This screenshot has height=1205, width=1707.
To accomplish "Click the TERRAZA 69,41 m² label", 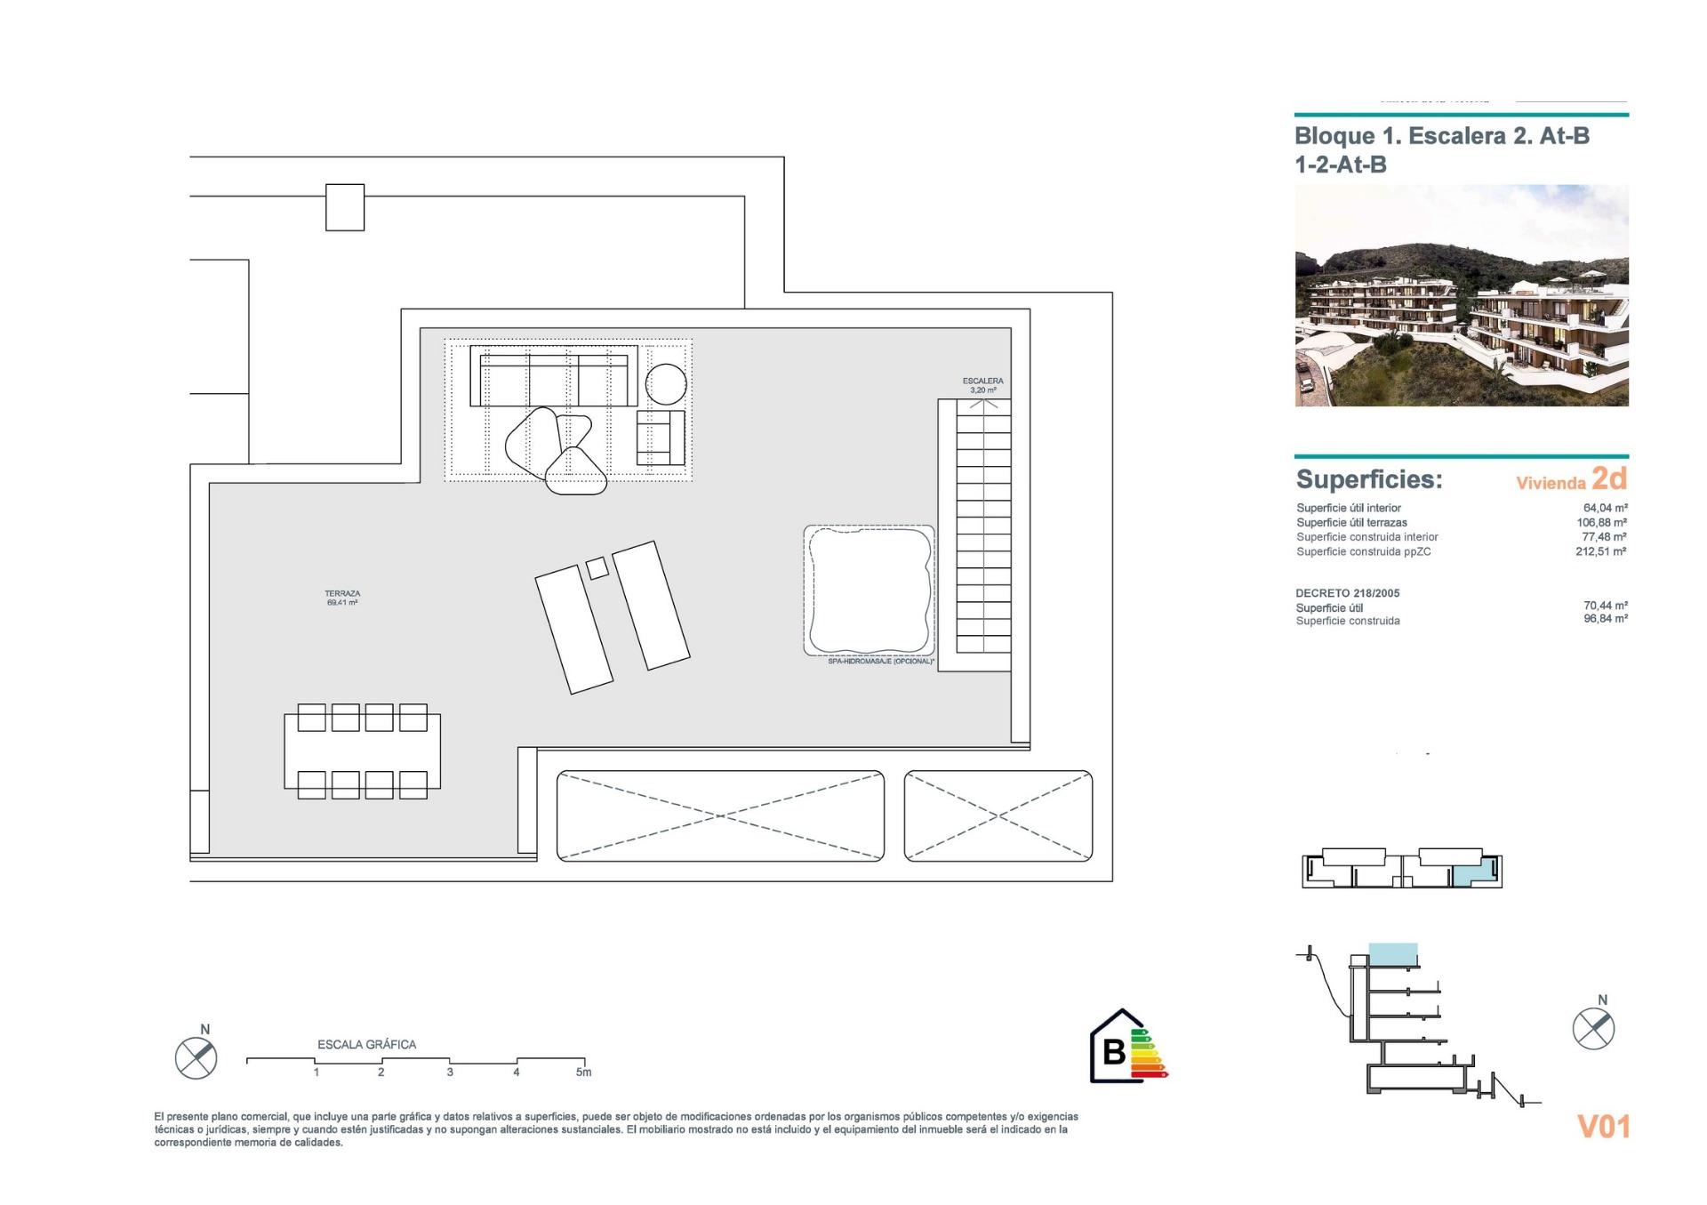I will [x=342, y=598].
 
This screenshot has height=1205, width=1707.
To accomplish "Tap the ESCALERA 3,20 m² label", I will [x=982, y=385].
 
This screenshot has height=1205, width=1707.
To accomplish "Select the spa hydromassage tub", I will [x=869, y=590].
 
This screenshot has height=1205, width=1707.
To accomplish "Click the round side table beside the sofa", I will [x=666, y=385].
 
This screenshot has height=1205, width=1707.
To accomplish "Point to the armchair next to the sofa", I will [x=661, y=438].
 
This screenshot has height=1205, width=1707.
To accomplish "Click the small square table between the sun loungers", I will [x=597, y=566].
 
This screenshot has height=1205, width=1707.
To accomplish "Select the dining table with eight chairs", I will [x=362, y=751].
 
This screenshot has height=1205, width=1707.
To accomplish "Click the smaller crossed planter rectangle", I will [x=998, y=815].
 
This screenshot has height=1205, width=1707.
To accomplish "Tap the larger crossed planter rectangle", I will [x=720, y=815].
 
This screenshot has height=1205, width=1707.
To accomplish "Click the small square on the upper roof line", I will [x=345, y=207].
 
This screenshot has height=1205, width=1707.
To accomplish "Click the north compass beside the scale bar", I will [x=196, y=1057].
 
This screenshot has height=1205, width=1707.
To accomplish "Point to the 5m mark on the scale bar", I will [x=583, y=1072].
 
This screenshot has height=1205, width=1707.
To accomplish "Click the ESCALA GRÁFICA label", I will [x=366, y=1044].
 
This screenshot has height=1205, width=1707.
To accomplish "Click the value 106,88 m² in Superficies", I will [x=1601, y=523].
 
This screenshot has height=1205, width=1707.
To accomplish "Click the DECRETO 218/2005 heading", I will [x=1349, y=593].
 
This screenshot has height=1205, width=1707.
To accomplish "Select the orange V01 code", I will [x=1603, y=1127].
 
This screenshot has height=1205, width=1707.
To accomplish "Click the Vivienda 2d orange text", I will [x=1571, y=480].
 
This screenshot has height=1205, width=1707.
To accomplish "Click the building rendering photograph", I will [x=1461, y=295].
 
